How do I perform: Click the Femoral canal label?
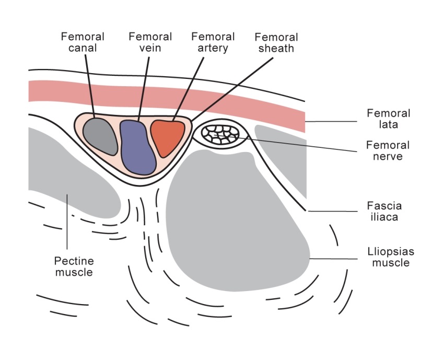pos(83,42)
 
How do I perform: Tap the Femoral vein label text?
pos(150,42)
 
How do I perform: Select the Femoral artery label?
pos(213,42)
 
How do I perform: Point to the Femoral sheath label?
pos(276,43)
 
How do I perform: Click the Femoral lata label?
pos(388,119)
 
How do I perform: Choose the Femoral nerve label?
pos(388,150)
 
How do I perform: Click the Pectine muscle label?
pos(74,266)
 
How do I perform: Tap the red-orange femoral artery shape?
pos(167,137)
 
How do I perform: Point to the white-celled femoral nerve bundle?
pos(220,133)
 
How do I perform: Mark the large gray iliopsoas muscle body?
pos(230,219)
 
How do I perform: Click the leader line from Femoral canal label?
pos(89,84)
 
